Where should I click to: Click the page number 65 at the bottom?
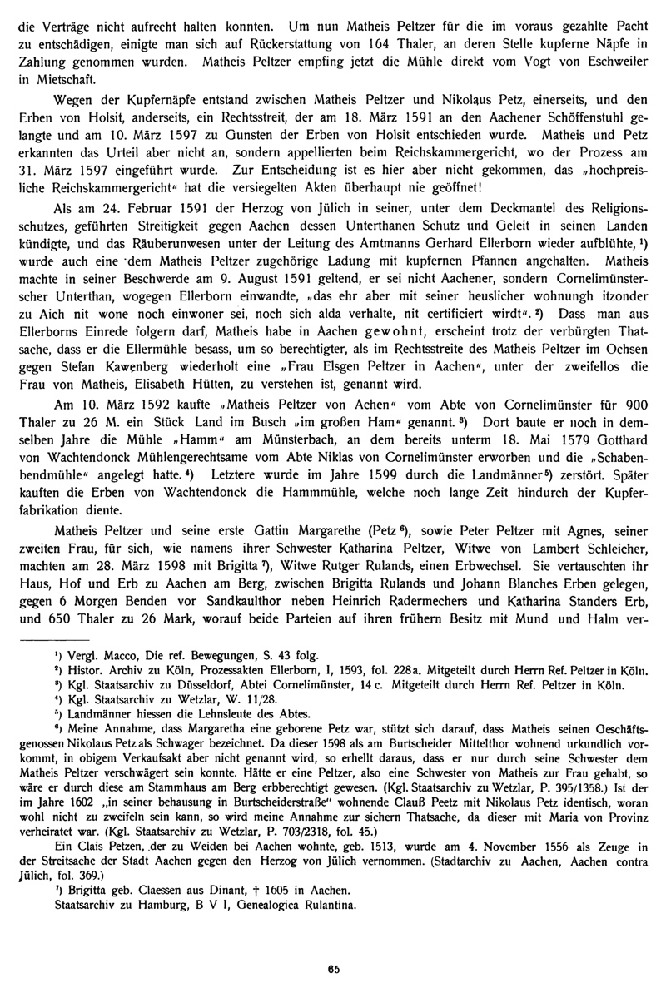pyautogui.click(x=333, y=967)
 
